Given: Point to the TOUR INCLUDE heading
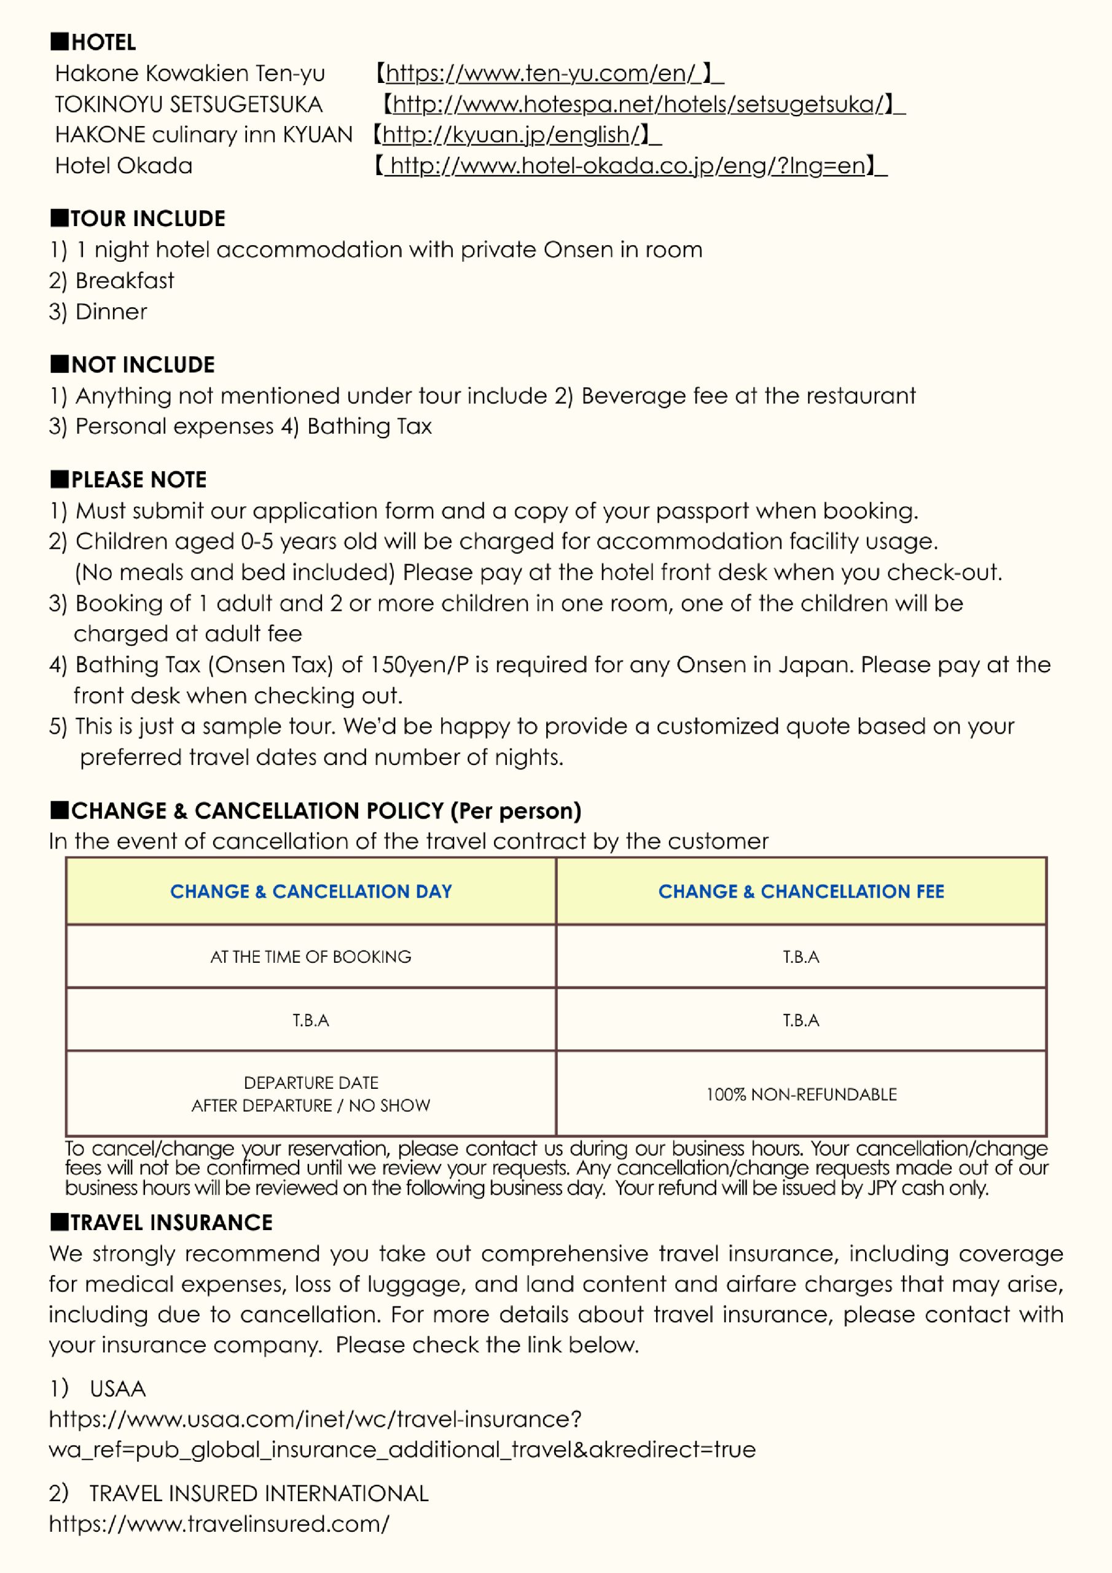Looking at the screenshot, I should click(147, 219).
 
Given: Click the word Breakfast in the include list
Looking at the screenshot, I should click(125, 281).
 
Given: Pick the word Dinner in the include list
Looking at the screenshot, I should click(111, 312).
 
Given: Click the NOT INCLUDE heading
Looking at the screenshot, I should click(143, 364).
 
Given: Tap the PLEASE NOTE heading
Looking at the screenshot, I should click(138, 479).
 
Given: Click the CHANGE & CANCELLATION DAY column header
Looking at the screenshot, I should click(311, 892).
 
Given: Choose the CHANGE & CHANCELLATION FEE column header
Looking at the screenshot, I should click(801, 892).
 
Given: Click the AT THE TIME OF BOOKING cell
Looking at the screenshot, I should click(311, 957).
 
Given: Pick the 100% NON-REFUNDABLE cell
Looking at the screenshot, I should click(801, 1094).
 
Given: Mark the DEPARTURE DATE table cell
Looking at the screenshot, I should click(311, 1083).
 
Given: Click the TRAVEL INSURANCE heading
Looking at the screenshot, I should click(171, 1222).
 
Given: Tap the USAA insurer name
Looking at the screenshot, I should click(117, 1389).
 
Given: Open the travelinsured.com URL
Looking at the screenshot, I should click(219, 1524).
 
